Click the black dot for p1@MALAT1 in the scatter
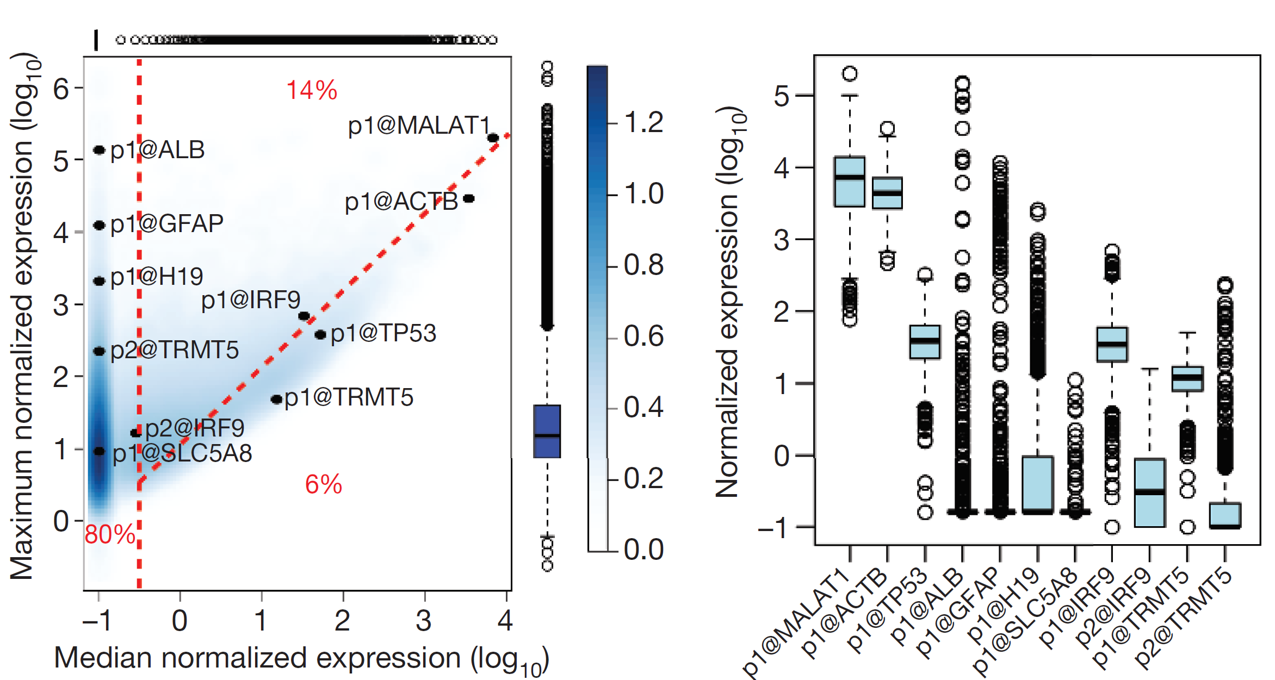coord(493,138)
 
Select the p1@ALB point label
coord(157,150)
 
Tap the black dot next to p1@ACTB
coord(469,198)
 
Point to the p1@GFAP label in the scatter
coord(166,224)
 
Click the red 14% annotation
coord(312,90)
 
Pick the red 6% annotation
coord(323,484)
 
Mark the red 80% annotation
coord(110,534)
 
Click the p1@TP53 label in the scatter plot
coord(383,333)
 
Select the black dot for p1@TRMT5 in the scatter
coord(276,400)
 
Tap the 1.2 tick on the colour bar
coord(643,123)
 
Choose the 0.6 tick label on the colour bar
coord(643,336)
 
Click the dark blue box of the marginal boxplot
coord(547,431)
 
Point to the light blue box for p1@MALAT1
coord(850,182)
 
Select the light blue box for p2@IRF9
coord(1149,492)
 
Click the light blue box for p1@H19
coord(1038,484)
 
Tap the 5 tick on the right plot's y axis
coord(782,96)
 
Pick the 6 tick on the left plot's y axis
coord(61,89)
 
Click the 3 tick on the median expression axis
coord(424,621)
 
